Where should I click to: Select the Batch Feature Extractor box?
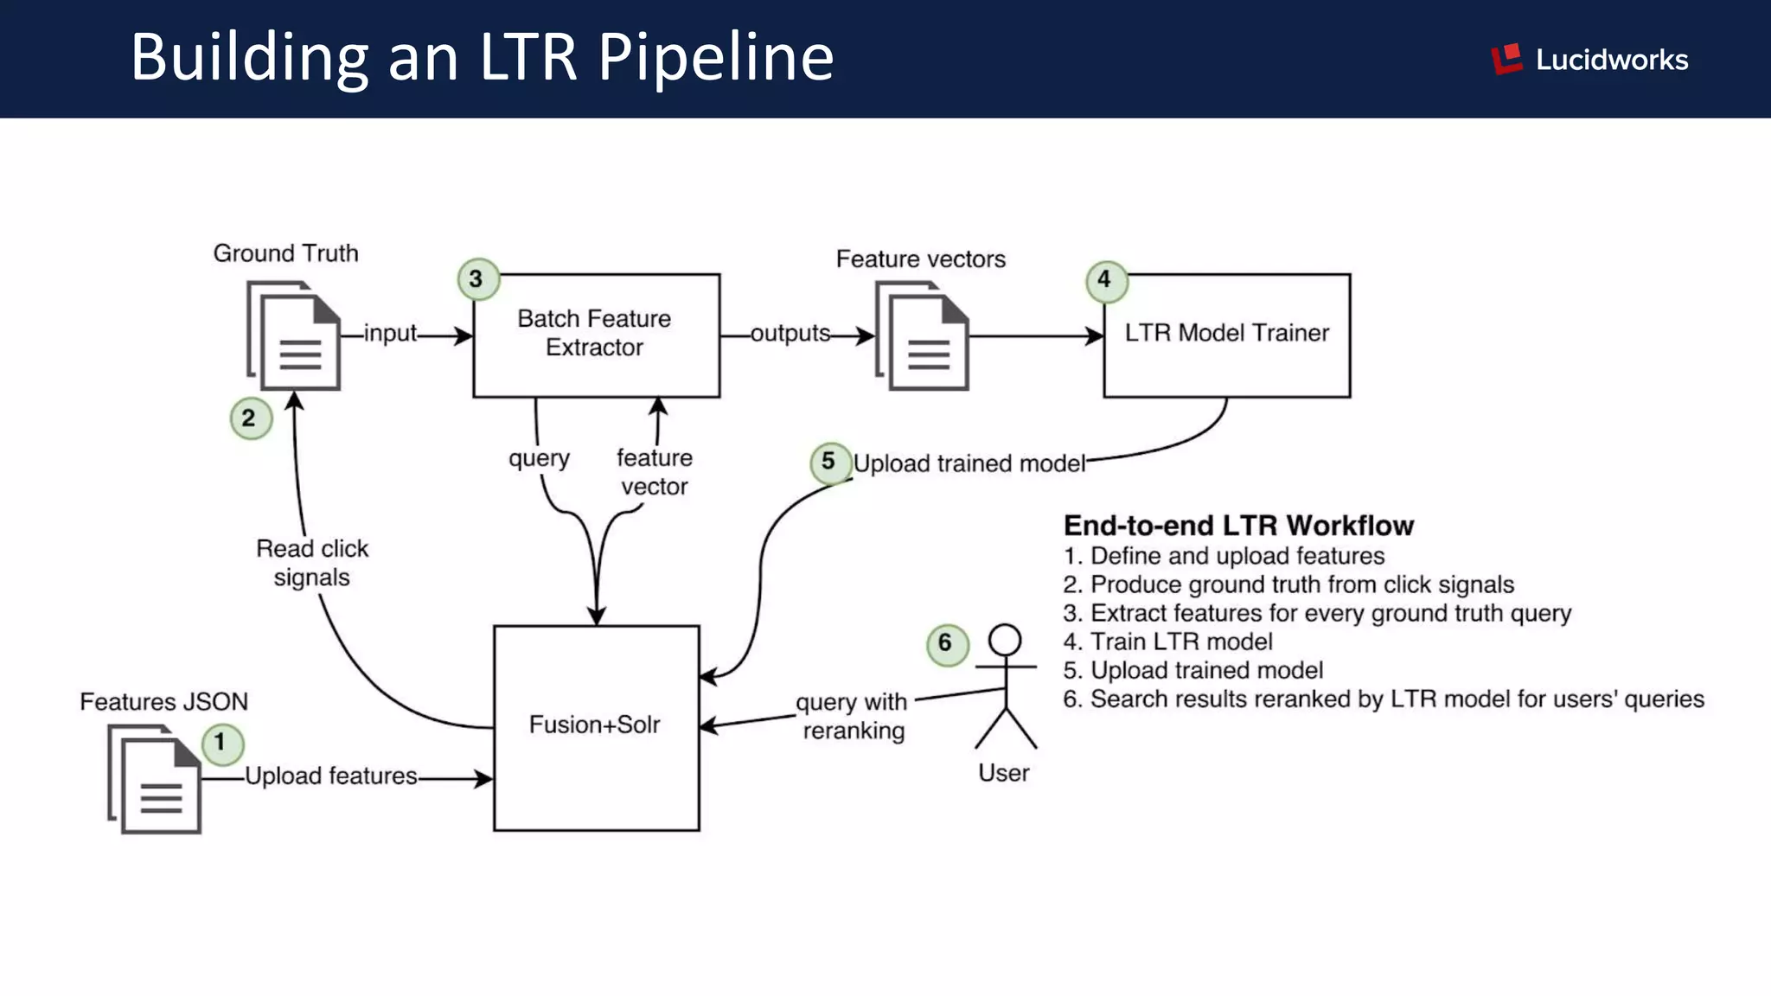[x=596, y=335]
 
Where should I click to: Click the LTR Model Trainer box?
[x=1226, y=335]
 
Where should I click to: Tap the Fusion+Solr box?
[x=596, y=727]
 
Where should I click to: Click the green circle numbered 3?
[x=477, y=279]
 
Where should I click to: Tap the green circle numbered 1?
[x=222, y=743]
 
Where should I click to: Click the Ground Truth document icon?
[x=295, y=336]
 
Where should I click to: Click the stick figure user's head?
[x=1005, y=641]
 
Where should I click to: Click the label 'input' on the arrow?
[x=390, y=334]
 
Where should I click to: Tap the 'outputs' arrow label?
[x=790, y=334]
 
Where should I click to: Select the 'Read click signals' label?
[x=312, y=563]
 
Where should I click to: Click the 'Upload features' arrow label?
[x=331, y=776]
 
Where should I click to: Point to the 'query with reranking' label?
[x=853, y=716]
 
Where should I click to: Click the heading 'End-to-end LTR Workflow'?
[x=1238, y=526]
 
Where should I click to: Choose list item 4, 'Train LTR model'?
[x=1168, y=642]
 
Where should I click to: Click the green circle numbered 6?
[x=947, y=643]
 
